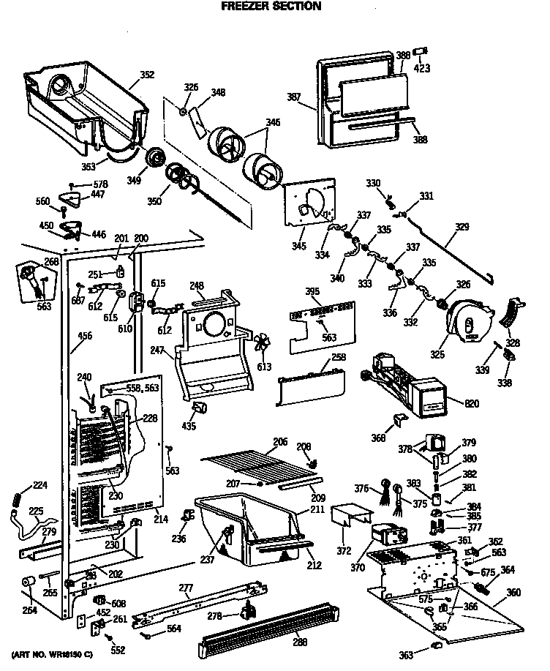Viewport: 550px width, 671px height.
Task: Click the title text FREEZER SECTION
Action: [271, 7]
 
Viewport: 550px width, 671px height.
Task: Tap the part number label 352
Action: [147, 74]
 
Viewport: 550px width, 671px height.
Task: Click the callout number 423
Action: [422, 68]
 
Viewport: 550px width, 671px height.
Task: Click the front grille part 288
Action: [263, 626]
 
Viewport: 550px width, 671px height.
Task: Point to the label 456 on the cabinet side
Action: [86, 337]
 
